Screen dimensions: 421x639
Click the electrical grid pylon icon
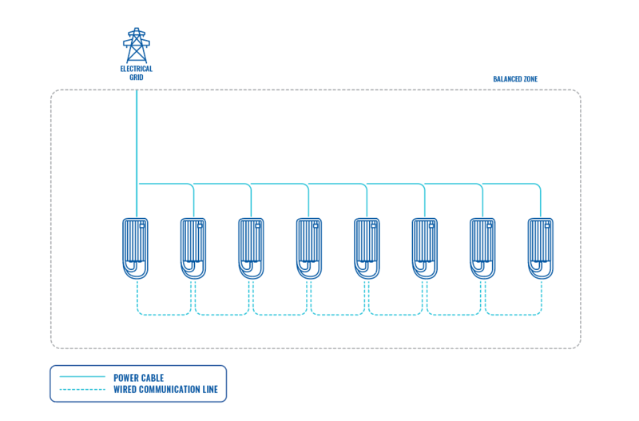[x=137, y=46]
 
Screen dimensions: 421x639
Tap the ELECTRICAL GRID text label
[x=137, y=73]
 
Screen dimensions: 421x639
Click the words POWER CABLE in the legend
[x=140, y=376]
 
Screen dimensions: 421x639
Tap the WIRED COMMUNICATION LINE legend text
[x=166, y=390]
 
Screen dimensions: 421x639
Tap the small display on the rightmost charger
[x=549, y=225]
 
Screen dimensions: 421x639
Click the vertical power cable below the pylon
[x=137, y=136]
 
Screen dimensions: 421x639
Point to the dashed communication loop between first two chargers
[x=165, y=315]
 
